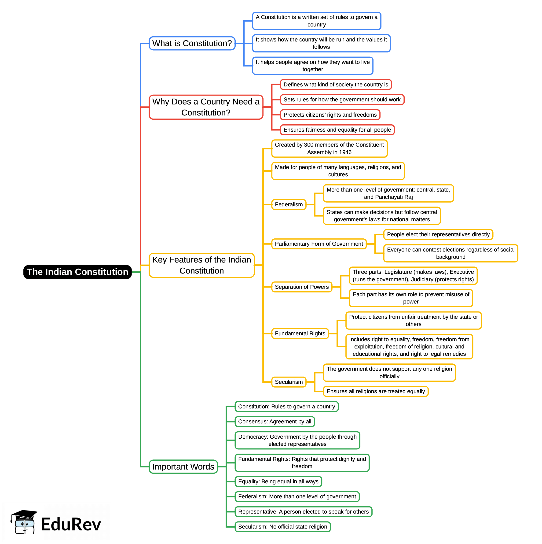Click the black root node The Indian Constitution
77,272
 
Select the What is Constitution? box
192,43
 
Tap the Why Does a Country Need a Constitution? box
206,107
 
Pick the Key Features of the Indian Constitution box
201,265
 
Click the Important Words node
183,467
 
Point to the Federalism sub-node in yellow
289,205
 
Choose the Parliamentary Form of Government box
319,244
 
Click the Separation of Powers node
302,287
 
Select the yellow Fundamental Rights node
300,334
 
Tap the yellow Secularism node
289,382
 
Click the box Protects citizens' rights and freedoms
330,115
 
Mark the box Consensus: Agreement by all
275,422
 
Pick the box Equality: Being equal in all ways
278,482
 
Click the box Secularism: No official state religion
282,527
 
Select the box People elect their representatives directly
438,235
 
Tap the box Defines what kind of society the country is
336,85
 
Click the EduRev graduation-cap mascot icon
24,522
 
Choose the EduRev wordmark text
71,525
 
